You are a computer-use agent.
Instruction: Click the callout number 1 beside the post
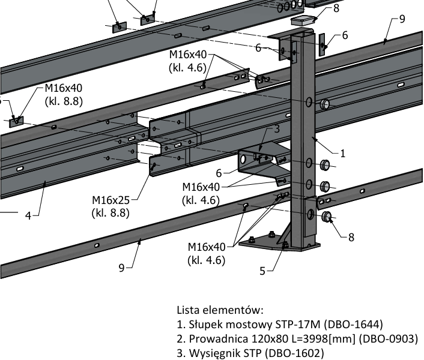[344, 152]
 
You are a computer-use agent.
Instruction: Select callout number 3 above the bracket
[277, 128]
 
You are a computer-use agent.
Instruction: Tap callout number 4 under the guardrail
[28, 215]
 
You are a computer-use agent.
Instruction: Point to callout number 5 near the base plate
[262, 271]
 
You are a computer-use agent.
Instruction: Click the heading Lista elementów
[220, 310]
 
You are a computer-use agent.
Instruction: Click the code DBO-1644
[353, 325]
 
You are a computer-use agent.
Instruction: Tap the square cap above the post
[303, 20]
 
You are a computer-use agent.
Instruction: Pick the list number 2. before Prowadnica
[181, 338]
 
